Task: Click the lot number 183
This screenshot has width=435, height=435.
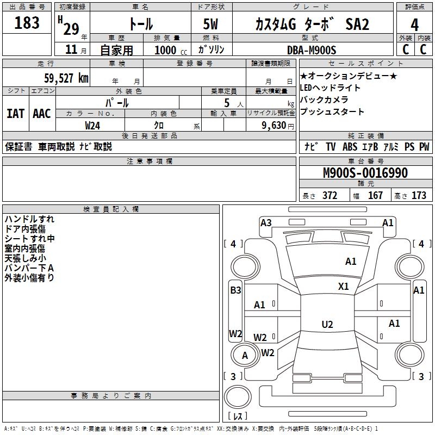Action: [x=27, y=23]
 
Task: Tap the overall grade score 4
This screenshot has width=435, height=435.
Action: [x=414, y=24]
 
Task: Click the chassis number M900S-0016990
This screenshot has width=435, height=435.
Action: [x=365, y=173]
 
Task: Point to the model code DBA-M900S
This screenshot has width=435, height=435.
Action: [x=311, y=50]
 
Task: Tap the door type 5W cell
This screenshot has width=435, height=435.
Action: [x=212, y=24]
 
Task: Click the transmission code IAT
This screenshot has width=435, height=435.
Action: [x=15, y=113]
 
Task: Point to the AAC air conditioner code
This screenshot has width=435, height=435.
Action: [x=42, y=113]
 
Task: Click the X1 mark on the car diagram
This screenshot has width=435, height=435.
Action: [x=344, y=287]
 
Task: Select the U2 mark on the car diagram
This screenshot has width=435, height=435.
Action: [x=327, y=325]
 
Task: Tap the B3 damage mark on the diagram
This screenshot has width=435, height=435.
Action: [x=235, y=290]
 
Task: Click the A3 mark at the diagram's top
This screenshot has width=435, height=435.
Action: [x=266, y=222]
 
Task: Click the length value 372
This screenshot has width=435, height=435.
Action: [x=330, y=196]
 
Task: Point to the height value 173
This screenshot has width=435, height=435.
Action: [x=419, y=196]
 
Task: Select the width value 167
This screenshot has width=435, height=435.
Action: [x=375, y=196]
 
